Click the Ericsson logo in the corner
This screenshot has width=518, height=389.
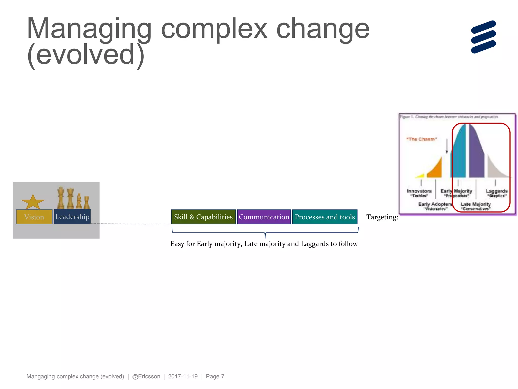tap(483, 37)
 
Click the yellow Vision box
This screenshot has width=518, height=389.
tap(34, 217)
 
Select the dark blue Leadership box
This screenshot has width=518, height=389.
tap(72, 217)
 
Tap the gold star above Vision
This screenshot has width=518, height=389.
tap(33, 202)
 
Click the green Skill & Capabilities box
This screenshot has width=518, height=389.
tap(203, 217)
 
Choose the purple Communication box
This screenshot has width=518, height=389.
tap(264, 217)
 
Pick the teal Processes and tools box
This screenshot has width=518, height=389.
tap(325, 217)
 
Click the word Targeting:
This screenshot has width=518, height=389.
tap(382, 217)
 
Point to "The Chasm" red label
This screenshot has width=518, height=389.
tap(422, 139)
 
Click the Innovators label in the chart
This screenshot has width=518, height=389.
tap(419, 191)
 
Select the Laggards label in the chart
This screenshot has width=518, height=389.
tap(497, 191)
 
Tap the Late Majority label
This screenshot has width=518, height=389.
tap(476, 204)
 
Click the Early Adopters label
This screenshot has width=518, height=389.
tap(435, 204)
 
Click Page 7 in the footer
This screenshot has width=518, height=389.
tap(215, 376)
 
